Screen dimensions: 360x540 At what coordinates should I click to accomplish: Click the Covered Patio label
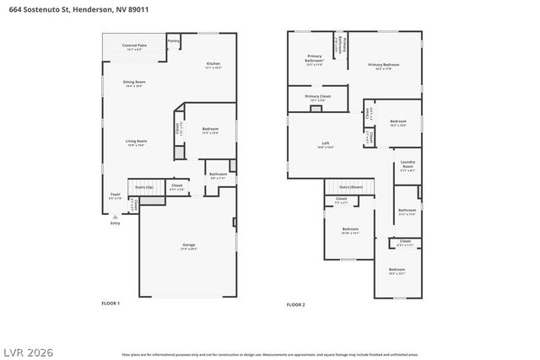134,46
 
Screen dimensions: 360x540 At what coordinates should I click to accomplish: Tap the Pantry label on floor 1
173,40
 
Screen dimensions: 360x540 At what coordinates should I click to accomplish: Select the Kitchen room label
213,64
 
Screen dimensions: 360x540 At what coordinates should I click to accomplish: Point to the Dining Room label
135,82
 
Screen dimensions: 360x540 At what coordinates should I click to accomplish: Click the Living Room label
137,141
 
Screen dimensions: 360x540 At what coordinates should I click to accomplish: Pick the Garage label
188,245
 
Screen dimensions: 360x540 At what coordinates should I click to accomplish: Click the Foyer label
116,195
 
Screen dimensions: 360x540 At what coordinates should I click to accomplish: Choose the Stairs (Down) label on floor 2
350,186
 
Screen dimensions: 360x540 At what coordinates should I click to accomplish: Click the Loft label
325,143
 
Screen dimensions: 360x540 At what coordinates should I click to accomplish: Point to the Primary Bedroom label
383,64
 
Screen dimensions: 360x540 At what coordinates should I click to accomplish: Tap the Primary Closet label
318,97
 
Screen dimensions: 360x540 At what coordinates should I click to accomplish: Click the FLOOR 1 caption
111,303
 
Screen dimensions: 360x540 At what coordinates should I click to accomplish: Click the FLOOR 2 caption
295,304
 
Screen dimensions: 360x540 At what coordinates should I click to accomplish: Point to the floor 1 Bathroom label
218,175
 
